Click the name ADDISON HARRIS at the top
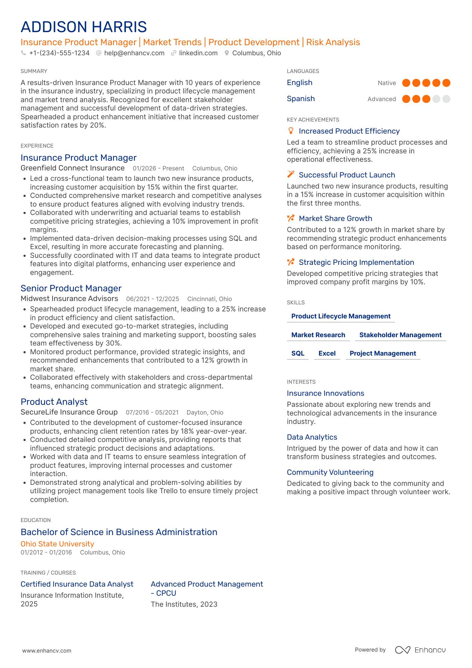84,27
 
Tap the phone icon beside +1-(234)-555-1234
23,53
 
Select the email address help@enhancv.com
134,53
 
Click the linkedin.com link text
198,53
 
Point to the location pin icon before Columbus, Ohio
227,53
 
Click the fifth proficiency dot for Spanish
446,99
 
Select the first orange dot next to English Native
406,83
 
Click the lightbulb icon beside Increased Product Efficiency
291,131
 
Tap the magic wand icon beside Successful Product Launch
291,174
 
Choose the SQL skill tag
298,353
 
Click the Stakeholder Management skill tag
400,335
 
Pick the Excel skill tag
327,353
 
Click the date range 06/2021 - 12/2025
152,299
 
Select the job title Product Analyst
54,402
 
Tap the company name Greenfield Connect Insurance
72,168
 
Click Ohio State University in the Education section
57,544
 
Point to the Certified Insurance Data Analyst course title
77,584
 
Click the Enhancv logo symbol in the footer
402,650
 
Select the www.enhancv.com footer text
47,651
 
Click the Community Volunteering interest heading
330,472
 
